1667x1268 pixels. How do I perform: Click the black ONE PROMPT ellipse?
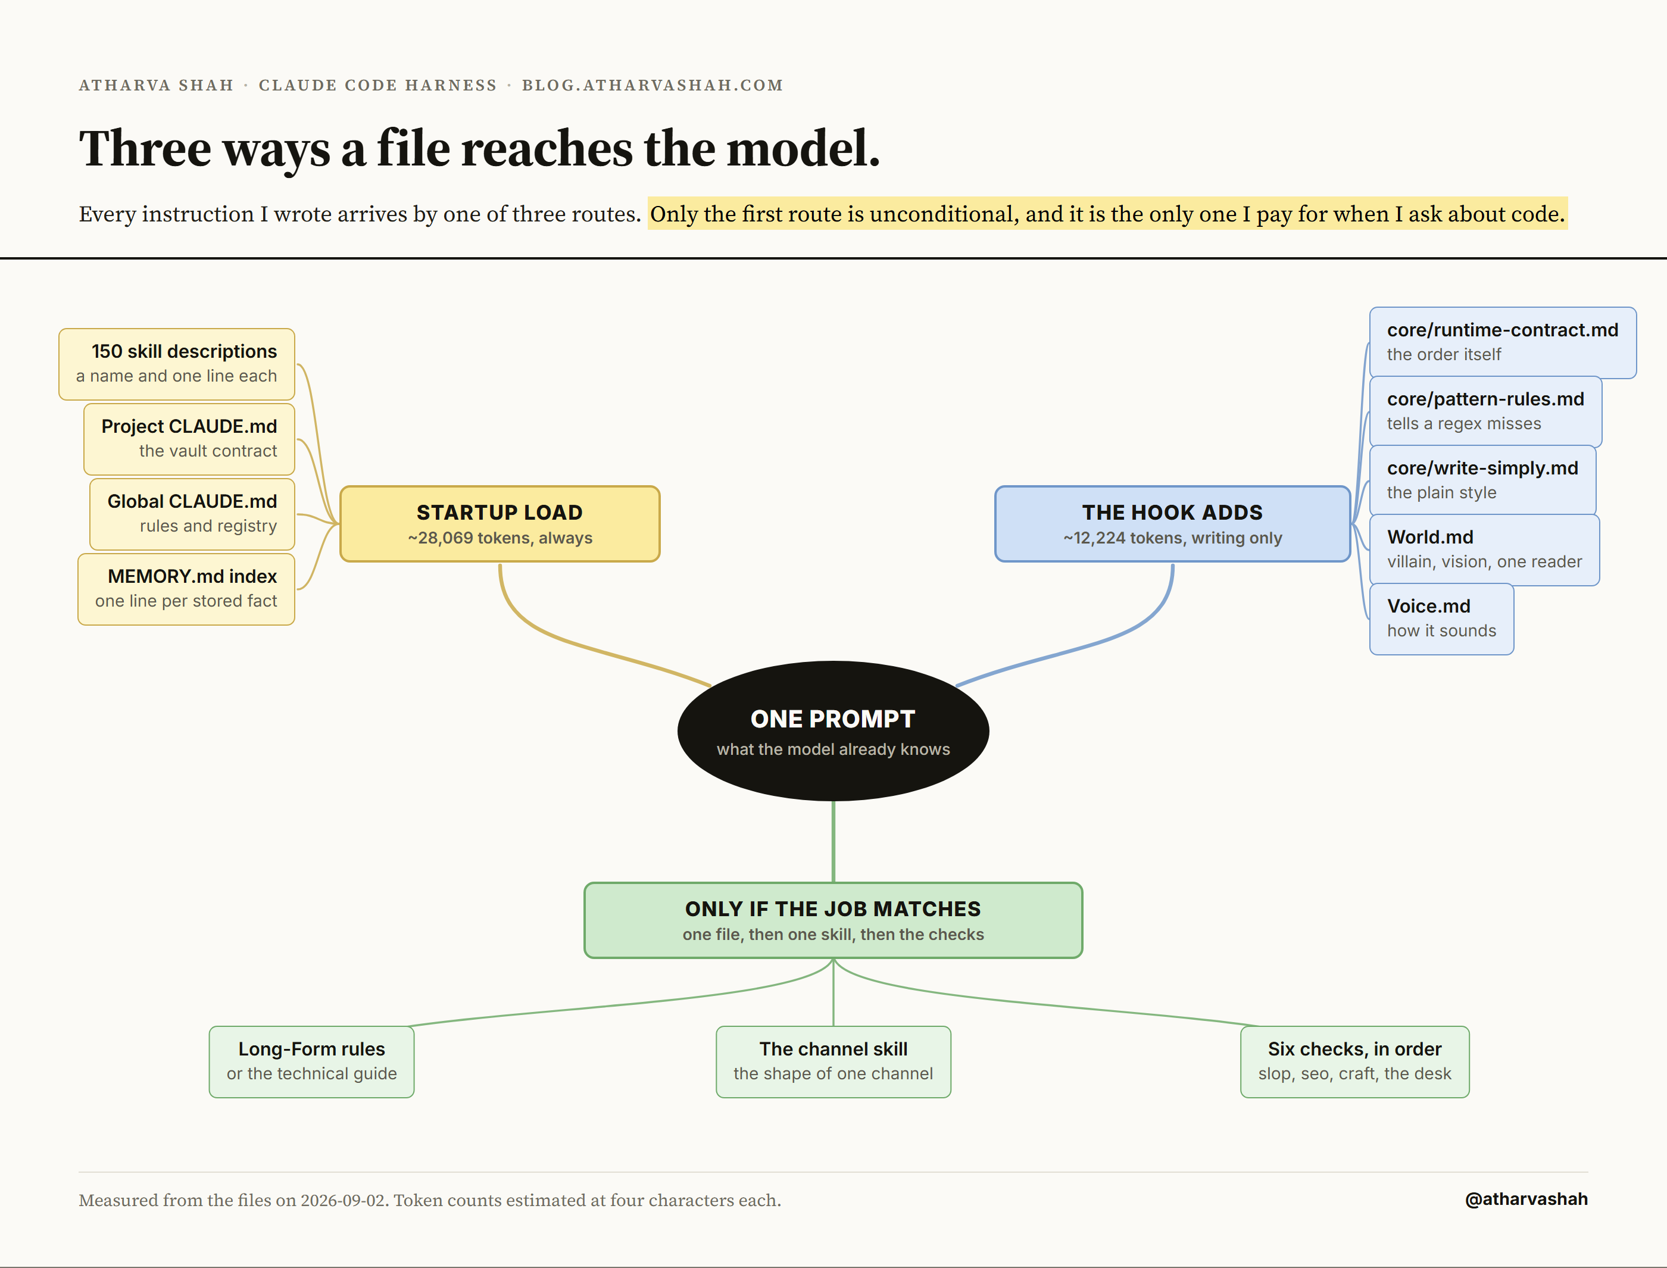833,730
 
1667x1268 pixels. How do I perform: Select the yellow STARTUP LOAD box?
500,524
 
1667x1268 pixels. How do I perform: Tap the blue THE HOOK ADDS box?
1172,524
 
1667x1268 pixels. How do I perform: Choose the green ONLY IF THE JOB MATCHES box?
833,920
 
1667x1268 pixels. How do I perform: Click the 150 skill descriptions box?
177,364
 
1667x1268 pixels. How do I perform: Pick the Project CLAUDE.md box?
189,439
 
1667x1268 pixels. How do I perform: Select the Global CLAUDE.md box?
192,514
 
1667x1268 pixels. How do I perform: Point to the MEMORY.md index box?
186,589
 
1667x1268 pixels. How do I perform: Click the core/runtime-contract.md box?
1503,343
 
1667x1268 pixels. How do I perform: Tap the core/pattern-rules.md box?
1485,411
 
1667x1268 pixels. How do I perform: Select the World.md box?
1484,549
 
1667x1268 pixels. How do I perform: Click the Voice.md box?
1441,619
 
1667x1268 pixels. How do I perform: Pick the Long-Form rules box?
311,1061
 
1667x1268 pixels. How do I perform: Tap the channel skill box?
833,1061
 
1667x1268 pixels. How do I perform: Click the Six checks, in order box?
1354,1061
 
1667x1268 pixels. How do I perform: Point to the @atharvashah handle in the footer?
1526,1200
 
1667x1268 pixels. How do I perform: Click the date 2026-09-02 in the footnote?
344,1200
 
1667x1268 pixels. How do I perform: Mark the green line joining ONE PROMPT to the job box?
833,842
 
